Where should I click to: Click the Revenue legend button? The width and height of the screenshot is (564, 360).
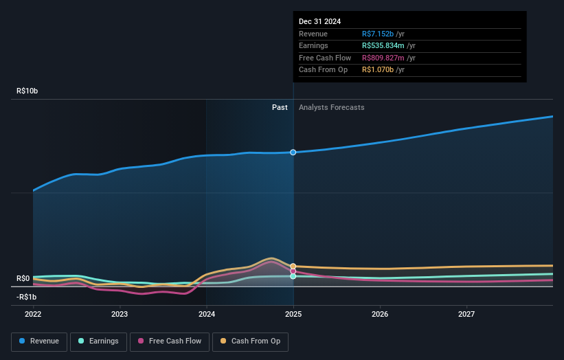tap(39, 341)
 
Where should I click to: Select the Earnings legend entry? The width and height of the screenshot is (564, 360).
tap(98, 341)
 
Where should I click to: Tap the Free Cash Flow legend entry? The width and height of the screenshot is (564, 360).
tap(170, 341)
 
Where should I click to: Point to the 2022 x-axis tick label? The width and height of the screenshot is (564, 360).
tap(33, 314)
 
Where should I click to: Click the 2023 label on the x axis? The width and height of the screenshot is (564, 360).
tap(120, 314)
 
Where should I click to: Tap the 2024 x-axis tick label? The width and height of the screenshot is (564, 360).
tap(206, 314)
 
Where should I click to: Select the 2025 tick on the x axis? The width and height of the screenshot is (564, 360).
tap(293, 314)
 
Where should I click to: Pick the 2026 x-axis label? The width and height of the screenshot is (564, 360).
tap(380, 314)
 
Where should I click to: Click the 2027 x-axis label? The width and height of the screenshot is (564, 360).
tap(466, 314)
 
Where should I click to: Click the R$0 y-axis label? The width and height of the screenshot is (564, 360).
tap(23, 278)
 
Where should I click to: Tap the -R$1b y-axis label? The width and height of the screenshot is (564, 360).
tap(27, 297)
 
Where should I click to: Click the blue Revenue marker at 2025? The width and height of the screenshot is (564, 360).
tap(293, 152)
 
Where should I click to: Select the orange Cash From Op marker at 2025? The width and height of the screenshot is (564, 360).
tap(293, 266)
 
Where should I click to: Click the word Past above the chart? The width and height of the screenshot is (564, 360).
tap(280, 107)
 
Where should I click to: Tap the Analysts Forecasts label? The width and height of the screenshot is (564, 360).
tap(331, 107)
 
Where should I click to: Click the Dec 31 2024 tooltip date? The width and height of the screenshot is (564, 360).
tap(319, 21)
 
